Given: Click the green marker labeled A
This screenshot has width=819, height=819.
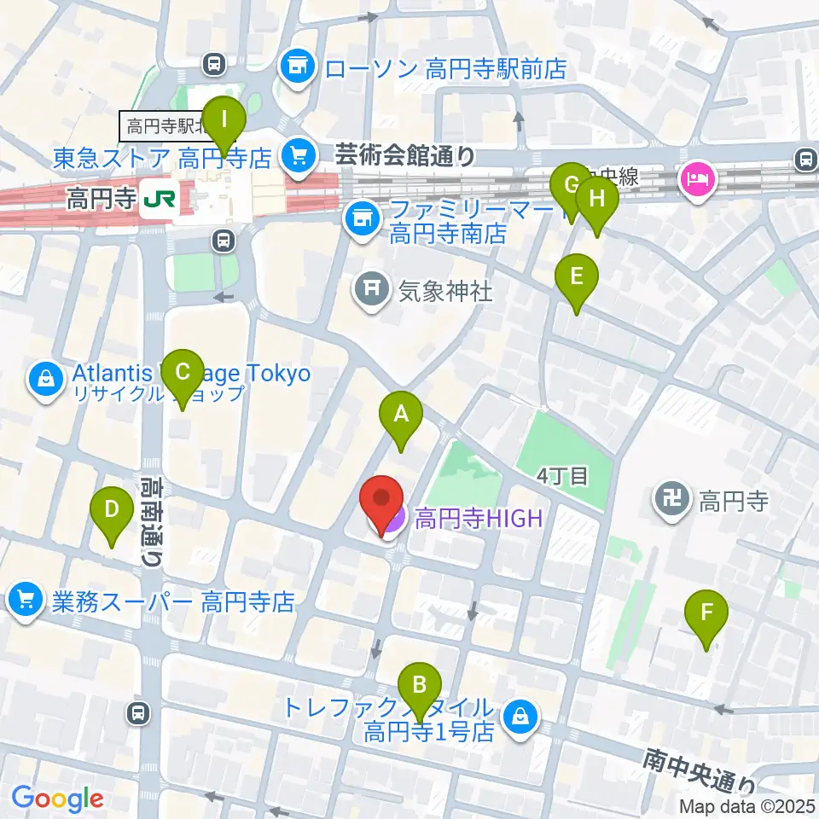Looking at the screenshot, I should coord(401,415).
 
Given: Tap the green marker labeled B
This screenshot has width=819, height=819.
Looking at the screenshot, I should coord(420,684).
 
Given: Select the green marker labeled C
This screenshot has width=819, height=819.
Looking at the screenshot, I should coord(182,372).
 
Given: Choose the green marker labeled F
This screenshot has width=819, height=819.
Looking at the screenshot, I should coord(706,613).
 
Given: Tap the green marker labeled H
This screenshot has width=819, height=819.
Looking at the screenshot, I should coord(596,200).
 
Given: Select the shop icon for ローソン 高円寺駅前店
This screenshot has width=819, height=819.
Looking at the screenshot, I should coord(298,65).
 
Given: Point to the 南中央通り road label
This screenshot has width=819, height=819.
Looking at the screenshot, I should coord(700,769).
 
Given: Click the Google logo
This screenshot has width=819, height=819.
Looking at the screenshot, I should coord(57,798).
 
